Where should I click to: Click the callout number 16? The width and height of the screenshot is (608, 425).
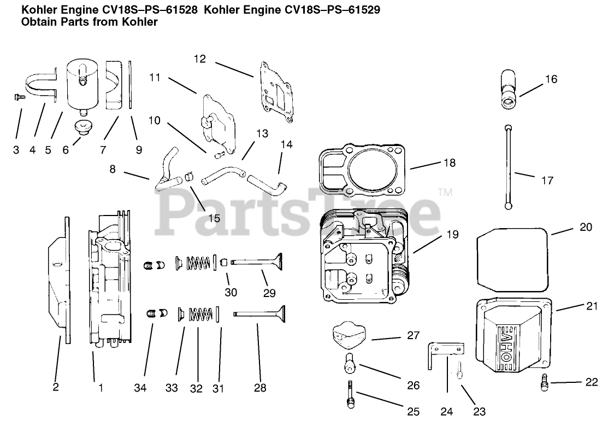(551, 79)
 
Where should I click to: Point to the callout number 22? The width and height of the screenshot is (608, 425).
(592, 382)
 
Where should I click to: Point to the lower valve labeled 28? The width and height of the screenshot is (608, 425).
(259, 314)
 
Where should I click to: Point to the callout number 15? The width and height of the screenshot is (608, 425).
(214, 218)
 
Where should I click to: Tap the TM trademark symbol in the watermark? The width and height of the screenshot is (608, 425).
(445, 192)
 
